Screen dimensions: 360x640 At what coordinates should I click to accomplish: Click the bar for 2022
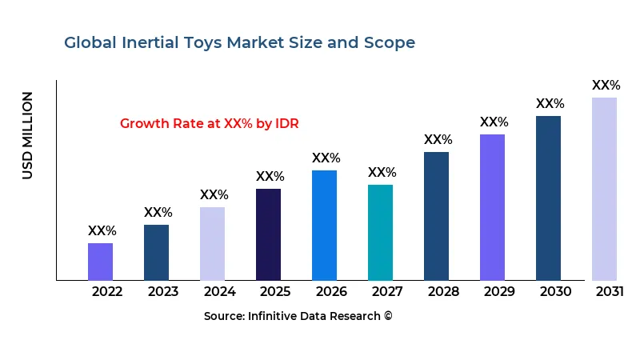coord(100,262)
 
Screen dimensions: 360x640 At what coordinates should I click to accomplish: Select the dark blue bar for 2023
coord(156,252)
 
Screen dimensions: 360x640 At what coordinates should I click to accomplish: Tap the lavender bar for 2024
coord(212,243)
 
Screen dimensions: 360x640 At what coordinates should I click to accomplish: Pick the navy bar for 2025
coord(268,234)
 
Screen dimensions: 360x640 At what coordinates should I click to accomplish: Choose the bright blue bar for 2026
coord(324,225)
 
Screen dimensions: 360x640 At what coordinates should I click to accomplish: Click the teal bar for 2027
coord(380,232)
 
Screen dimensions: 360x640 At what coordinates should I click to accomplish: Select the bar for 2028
coord(436,216)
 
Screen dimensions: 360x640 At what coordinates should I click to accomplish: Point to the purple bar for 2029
coord(492,207)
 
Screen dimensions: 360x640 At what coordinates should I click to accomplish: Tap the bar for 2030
coord(548,198)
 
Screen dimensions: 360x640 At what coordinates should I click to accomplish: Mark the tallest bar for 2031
coord(604,189)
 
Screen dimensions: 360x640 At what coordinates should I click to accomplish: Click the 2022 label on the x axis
coord(107,291)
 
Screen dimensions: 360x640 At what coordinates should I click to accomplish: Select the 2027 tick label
coord(387,291)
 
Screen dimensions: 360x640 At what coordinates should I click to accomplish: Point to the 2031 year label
coord(610,291)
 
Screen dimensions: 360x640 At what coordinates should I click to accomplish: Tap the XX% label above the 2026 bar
coord(326,158)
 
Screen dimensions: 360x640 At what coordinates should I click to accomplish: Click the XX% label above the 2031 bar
coord(606,86)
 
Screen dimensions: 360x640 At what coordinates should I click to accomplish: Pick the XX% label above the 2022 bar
coord(102,231)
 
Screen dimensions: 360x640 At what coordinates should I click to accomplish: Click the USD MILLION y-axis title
coord(28,135)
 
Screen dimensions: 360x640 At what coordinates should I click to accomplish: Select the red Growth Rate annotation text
coord(209,124)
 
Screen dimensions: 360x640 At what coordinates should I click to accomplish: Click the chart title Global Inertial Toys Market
coord(239,43)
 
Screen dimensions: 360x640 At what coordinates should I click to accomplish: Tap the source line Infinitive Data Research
coord(298,316)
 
